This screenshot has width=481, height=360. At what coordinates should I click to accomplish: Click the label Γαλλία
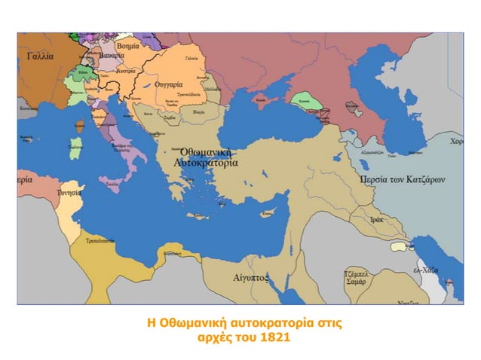coord(40,56)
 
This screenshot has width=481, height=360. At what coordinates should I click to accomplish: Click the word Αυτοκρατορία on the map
coord(206,162)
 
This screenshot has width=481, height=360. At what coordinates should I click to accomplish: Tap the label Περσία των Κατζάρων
coord(403,180)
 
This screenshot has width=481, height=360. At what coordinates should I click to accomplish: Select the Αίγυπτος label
coord(252,277)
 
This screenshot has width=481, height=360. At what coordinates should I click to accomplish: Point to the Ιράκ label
coord(377,219)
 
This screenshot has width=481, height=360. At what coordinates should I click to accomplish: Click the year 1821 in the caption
coord(273,337)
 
